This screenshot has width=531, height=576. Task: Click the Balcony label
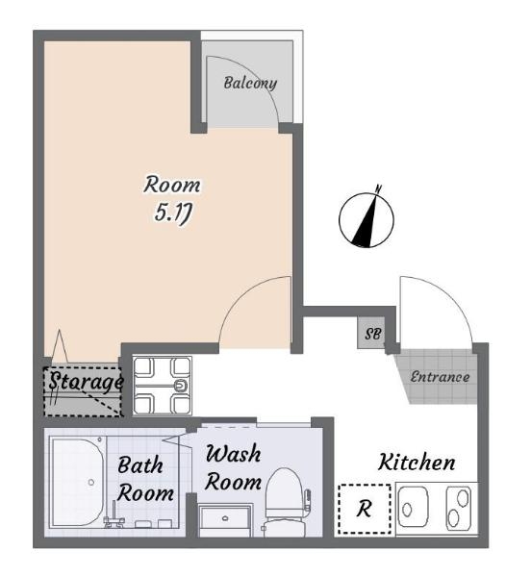250,84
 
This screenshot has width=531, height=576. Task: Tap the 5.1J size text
173,213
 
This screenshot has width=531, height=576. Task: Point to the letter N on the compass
378,188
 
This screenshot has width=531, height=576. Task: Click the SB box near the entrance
371,333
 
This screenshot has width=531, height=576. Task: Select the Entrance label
440,377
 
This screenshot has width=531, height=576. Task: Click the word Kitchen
417,463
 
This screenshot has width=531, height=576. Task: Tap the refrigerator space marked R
365,509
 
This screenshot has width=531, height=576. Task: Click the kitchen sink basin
413,508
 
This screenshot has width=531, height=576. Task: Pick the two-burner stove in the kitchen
459,509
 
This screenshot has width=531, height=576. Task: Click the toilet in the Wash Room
285,502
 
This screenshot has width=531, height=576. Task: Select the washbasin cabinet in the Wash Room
225,520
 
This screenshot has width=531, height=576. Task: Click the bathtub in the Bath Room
78,482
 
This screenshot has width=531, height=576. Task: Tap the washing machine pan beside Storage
162,386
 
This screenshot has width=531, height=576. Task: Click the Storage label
86,382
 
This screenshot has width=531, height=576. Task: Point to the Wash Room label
234,467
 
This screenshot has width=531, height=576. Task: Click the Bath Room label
145,479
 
